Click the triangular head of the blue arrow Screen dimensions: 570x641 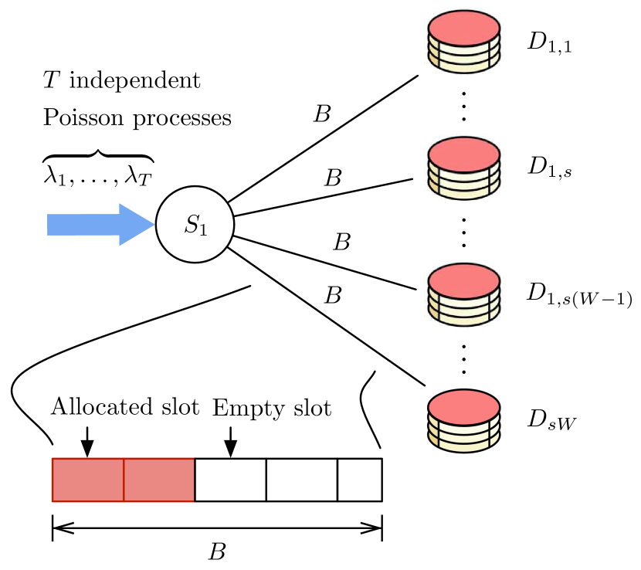[136, 225]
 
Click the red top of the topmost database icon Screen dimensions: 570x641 [464, 29]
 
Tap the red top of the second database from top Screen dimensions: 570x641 [464, 154]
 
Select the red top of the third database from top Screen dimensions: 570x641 [464, 281]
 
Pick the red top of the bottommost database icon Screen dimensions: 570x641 [464, 407]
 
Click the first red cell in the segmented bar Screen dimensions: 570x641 [88, 480]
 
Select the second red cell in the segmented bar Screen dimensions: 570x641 [159, 480]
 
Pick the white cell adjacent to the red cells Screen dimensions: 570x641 [230, 480]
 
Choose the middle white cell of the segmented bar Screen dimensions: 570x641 [301, 480]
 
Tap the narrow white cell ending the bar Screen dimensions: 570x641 [360, 480]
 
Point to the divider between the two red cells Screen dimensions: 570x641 [124, 480]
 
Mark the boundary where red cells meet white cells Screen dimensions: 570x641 [195, 480]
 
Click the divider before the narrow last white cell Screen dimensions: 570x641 [337, 480]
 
